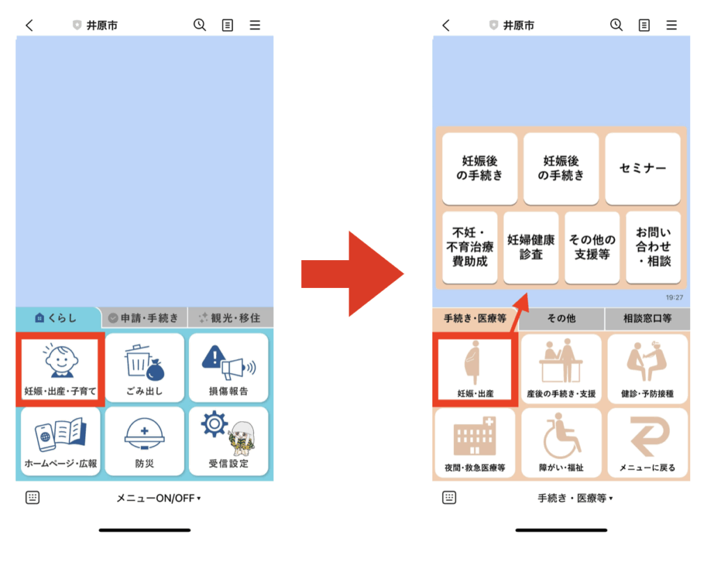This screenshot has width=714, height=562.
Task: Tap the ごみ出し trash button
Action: (x=144, y=367)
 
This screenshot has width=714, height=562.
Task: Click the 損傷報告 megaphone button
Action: (x=229, y=367)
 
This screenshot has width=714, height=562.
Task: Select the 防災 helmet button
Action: (x=144, y=441)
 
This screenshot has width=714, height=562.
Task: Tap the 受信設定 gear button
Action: (x=229, y=441)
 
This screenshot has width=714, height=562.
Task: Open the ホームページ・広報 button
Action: (x=60, y=441)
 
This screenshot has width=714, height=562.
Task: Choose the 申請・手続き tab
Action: (x=144, y=318)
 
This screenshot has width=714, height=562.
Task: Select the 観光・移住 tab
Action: (x=230, y=318)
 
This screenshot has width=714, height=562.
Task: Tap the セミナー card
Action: (x=642, y=168)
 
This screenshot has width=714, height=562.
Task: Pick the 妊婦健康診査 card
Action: (x=531, y=248)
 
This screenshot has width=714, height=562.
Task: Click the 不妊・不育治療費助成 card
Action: (x=469, y=248)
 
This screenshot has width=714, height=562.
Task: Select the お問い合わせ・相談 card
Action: (x=653, y=248)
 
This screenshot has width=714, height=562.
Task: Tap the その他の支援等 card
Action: (x=592, y=248)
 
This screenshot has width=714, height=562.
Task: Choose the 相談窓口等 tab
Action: (x=647, y=319)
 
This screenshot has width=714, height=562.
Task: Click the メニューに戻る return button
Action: (x=647, y=443)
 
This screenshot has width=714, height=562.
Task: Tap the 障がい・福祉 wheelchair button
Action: (x=561, y=443)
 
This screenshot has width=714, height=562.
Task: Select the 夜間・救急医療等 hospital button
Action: (x=475, y=443)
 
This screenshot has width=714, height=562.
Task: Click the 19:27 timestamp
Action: (x=674, y=298)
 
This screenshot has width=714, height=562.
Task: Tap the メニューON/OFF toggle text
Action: (x=158, y=498)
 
